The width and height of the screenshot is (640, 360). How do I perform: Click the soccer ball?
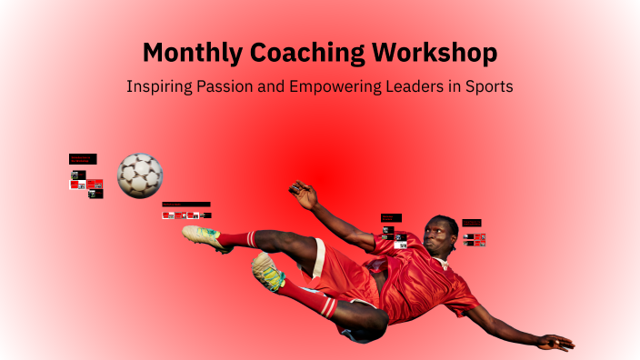(140, 174)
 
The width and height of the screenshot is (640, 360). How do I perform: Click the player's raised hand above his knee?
(303, 193)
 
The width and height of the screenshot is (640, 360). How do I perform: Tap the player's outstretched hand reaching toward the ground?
(554, 342)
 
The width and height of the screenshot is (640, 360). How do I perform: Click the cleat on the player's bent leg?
(267, 272)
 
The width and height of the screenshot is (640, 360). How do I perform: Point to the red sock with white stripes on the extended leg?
(237, 240)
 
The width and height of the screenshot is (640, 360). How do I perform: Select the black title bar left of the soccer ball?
(83, 159)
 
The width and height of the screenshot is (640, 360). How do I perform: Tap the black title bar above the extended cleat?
(186, 205)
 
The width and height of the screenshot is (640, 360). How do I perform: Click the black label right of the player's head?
(472, 223)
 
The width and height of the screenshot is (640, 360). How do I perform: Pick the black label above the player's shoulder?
(390, 218)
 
